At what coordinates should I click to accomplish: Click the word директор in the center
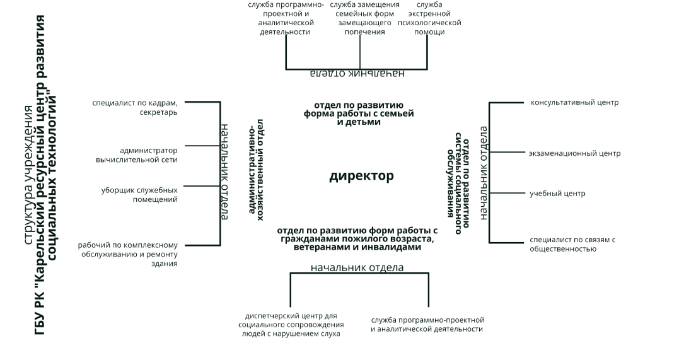pyautogui.click(x=361, y=177)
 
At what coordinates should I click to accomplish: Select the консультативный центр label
pyautogui.click(x=574, y=103)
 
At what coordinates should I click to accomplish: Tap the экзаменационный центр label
pyautogui.click(x=574, y=154)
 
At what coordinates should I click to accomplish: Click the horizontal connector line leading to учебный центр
pyautogui.click(x=507, y=193)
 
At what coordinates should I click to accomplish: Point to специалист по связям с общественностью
pyautogui.click(x=572, y=244)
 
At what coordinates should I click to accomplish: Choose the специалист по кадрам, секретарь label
pyautogui.click(x=135, y=107)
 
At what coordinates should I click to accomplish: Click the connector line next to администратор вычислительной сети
pyautogui.click(x=202, y=146)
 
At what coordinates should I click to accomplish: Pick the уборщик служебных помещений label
pyautogui.click(x=139, y=195)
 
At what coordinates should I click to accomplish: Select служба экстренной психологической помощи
pyautogui.click(x=429, y=18)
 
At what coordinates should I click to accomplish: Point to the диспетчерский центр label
pyautogui.click(x=291, y=325)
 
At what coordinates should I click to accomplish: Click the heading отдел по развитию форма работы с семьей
pyautogui.click(x=359, y=113)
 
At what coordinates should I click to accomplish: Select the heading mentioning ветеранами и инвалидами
pyautogui.click(x=357, y=239)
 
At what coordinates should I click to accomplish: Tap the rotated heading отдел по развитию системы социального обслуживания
pyautogui.click(x=458, y=182)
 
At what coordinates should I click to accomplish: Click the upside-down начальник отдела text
pyautogui.click(x=357, y=73)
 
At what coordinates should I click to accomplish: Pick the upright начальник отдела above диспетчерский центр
pyautogui.click(x=357, y=268)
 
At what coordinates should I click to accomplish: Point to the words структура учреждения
pyautogui.click(x=28, y=175)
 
